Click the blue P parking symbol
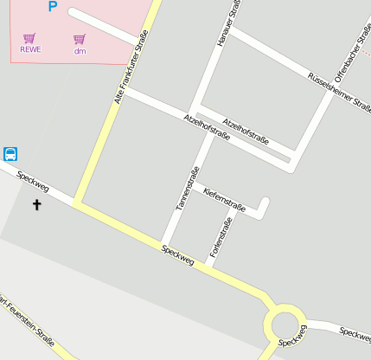click(52, 7)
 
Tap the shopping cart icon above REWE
click(29, 38)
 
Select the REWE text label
click(30, 49)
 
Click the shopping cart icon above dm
click(80, 39)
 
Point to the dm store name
click(80, 50)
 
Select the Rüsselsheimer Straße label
click(340, 91)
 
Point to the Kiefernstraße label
click(224, 199)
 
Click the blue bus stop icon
click(11, 154)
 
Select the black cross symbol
click(36, 205)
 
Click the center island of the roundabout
click(285, 326)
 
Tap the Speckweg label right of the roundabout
click(355, 332)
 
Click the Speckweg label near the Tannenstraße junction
click(177, 256)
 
